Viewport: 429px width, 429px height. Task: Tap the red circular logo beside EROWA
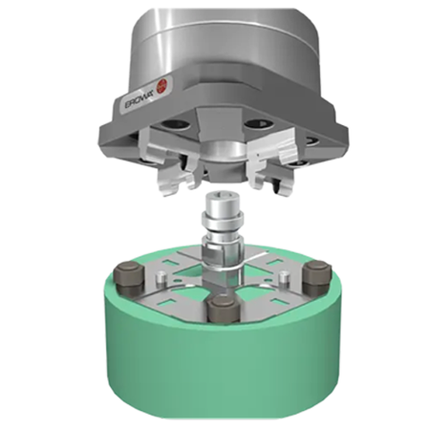pos(163,87)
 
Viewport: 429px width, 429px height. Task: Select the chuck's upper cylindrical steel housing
pos(223,40)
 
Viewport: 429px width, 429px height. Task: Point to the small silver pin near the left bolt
pos(157,284)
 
